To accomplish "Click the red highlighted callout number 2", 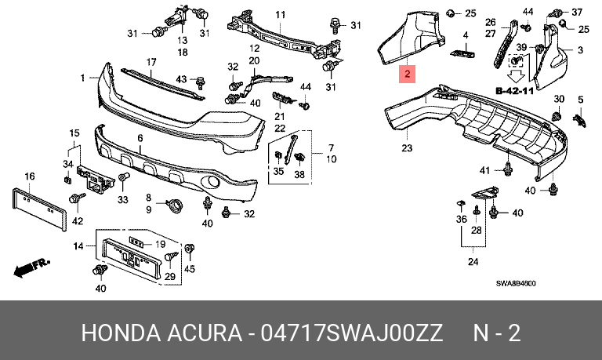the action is click(x=407, y=74).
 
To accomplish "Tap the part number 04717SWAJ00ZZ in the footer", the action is click(x=352, y=333).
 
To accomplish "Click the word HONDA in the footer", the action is click(x=121, y=333).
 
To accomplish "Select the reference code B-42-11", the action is click(x=514, y=91).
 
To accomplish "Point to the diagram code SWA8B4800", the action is click(x=516, y=284).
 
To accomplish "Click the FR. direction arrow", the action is click(x=31, y=267).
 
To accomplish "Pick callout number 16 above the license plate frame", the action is click(x=30, y=176).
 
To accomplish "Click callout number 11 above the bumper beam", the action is click(x=281, y=15).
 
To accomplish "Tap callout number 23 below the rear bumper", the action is click(x=407, y=147).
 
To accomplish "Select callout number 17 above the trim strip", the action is click(x=151, y=62).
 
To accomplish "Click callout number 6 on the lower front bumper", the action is click(x=140, y=138).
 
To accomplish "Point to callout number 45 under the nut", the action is click(x=190, y=269).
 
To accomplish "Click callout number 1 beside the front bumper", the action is click(x=82, y=78).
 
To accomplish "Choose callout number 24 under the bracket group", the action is click(x=473, y=262).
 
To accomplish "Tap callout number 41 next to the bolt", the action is click(x=485, y=170).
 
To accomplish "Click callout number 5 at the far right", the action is click(x=581, y=100).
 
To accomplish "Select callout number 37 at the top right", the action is click(x=577, y=13).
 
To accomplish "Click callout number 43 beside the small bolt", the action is click(x=181, y=79).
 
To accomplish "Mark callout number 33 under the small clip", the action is click(x=123, y=199).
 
